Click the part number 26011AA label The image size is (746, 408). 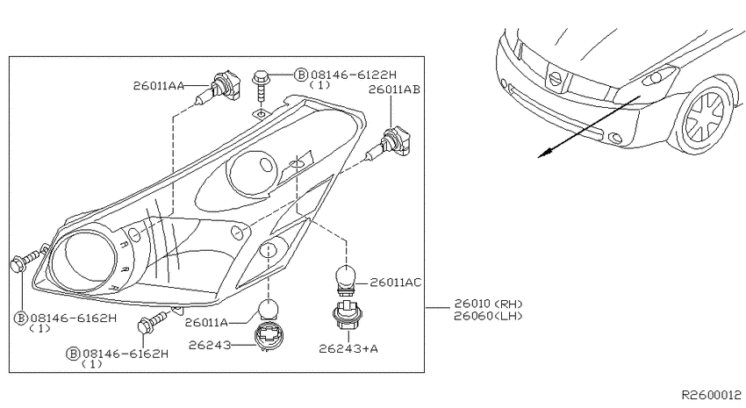(x=159, y=86)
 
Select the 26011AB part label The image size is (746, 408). (x=394, y=89)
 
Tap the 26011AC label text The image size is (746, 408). (x=395, y=283)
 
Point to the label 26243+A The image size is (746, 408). (x=348, y=348)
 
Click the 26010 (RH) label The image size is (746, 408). (x=488, y=304)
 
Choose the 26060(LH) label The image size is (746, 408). (x=488, y=316)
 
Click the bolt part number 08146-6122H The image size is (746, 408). (x=354, y=75)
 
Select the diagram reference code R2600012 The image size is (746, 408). (x=712, y=395)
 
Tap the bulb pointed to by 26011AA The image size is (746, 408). (x=219, y=88)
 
